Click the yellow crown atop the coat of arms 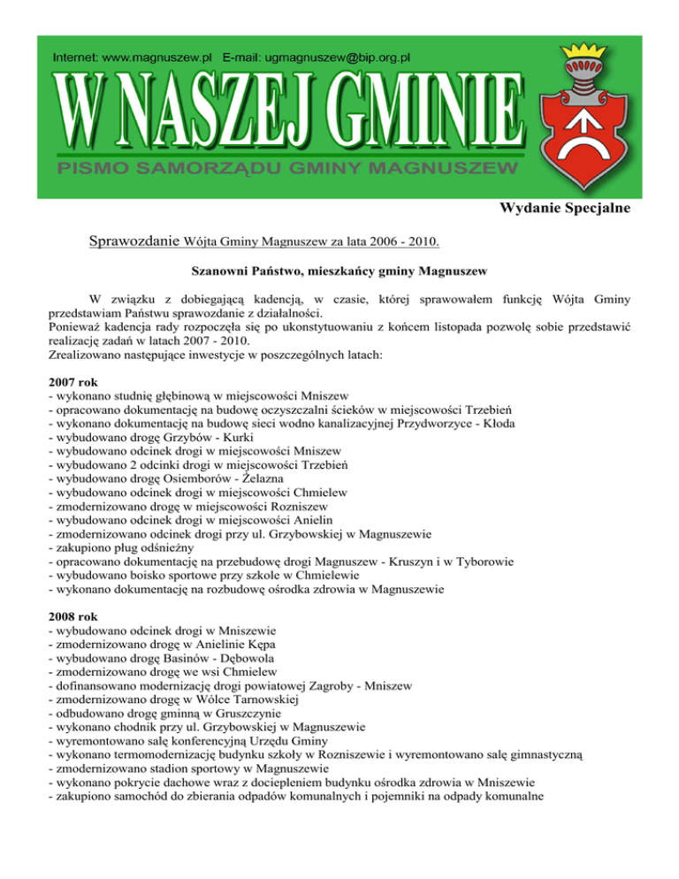click(x=580, y=61)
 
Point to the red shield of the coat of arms click(x=579, y=133)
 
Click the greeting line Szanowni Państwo click(x=339, y=268)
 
